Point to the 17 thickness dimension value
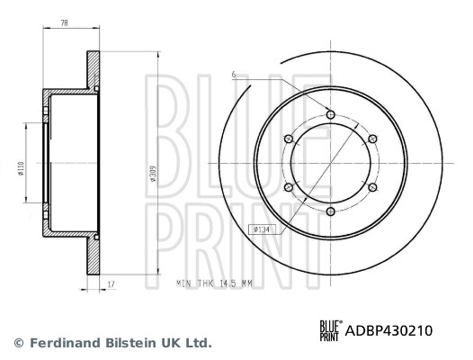click(x=110, y=285)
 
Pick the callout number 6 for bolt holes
click(x=232, y=74)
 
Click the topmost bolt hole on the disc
click(x=331, y=114)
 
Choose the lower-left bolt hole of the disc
click(x=289, y=187)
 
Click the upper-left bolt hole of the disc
click(x=289, y=139)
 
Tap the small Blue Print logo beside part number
click(x=331, y=330)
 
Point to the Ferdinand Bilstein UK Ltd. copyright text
click(x=112, y=343)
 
